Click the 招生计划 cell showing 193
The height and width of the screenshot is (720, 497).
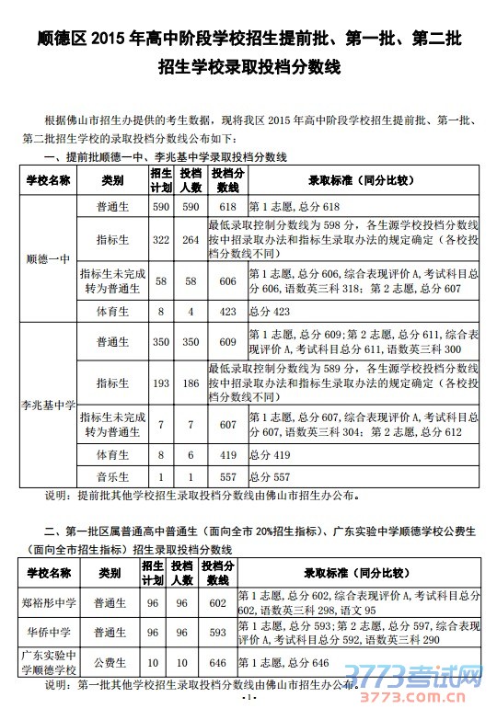point(160,381)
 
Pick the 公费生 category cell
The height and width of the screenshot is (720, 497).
point(111,662)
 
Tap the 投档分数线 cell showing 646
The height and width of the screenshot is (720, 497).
point(217,662)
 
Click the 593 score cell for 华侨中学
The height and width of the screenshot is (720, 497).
point(217,633)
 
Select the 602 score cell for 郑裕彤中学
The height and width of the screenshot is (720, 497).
point(217,603)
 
